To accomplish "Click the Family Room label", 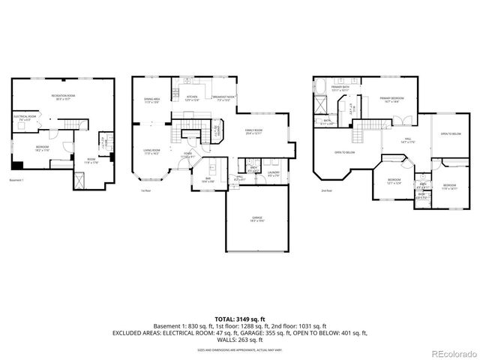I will point(253,132).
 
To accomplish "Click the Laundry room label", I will point(273,175).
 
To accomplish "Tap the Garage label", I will point(256,218).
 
